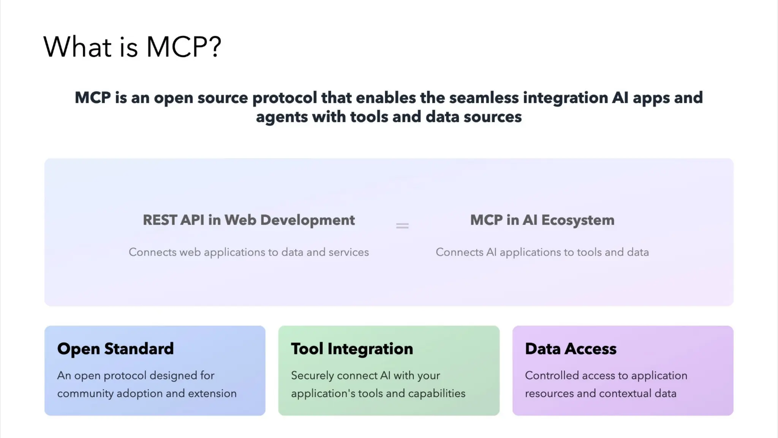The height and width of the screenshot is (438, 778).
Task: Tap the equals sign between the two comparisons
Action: coord(402,226)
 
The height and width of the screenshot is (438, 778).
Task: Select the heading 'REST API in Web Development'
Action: coord(248,220)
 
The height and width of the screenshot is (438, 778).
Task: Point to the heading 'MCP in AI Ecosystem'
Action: coord(542,220)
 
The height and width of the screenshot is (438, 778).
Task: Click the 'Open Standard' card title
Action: coord(115,349)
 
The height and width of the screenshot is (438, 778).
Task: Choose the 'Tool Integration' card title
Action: coord(352,349)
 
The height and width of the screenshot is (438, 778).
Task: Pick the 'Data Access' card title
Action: coord(571,349)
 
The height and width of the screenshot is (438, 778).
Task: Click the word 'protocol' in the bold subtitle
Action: coord(285,98)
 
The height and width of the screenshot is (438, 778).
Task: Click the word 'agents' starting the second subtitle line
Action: coord(281,117)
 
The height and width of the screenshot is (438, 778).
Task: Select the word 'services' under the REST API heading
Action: coord(348,252)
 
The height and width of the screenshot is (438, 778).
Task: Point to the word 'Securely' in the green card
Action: coord(312,376)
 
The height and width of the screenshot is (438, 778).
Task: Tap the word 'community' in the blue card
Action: coord(85,394)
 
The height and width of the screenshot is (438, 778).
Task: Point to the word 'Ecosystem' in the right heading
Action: coord(577,220)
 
